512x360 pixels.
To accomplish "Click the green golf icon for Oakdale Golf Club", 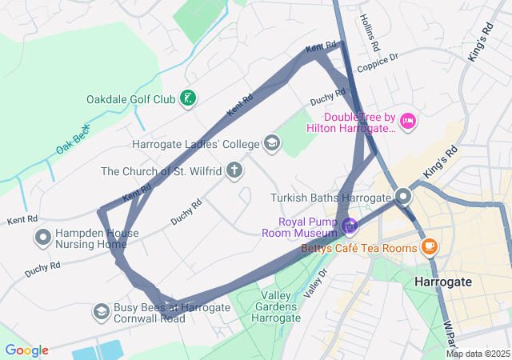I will point(187,99).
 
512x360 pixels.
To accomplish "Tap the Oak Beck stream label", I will point(74,138).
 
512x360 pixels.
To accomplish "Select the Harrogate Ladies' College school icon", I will point(272,144).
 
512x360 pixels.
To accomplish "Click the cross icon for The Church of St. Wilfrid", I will point(234,170).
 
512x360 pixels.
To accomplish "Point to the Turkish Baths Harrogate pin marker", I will point(404,196).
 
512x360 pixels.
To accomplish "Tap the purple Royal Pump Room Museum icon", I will point(349,226).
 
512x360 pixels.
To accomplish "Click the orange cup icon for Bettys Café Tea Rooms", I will point(430,245).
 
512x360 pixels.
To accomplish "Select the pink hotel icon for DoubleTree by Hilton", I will point(408,121).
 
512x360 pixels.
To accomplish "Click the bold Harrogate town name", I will point(443,282).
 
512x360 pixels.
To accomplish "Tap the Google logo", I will point(26,350).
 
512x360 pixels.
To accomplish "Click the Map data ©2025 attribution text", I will point(478,354).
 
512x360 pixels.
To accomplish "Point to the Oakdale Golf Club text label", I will point(130,100).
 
